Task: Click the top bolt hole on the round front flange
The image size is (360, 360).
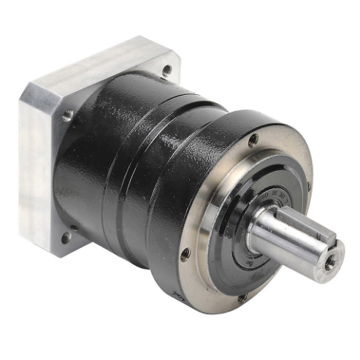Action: click(x=253, y=139)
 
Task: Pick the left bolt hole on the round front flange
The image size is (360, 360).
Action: click(x=185, y=253)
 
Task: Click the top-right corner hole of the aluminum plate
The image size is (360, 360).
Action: click(x=166, y=70)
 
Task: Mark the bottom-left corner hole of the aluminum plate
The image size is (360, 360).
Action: click(x=65, y=235)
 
